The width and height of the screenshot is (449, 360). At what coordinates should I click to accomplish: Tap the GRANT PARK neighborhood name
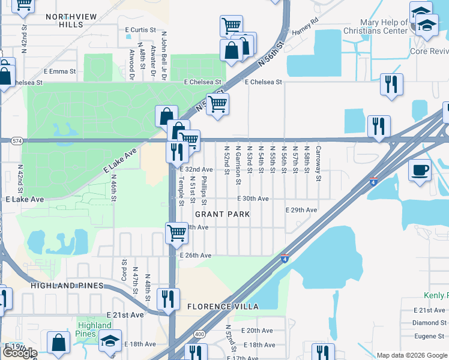(x=221, y=214)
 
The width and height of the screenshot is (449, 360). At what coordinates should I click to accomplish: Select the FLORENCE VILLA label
(x=223, y=307)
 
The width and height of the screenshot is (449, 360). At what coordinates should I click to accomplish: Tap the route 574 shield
(x=16, y=140)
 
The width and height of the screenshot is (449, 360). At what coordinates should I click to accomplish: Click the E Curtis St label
(x=140, y=29)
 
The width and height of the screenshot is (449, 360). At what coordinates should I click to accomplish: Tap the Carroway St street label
(x=318, y=163)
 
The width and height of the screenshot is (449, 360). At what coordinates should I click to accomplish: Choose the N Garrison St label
(x=238, y=164)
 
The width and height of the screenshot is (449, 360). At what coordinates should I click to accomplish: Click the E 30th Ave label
(x=253, y=199)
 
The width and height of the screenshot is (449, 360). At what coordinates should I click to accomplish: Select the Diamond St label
(x=429, y=323)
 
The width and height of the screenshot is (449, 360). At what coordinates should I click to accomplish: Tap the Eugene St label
(x=432, y=336)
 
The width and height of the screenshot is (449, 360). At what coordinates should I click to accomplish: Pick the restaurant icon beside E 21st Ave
(x=167, y=298)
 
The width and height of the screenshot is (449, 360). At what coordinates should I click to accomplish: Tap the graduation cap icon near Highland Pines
(x=110, y=340)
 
